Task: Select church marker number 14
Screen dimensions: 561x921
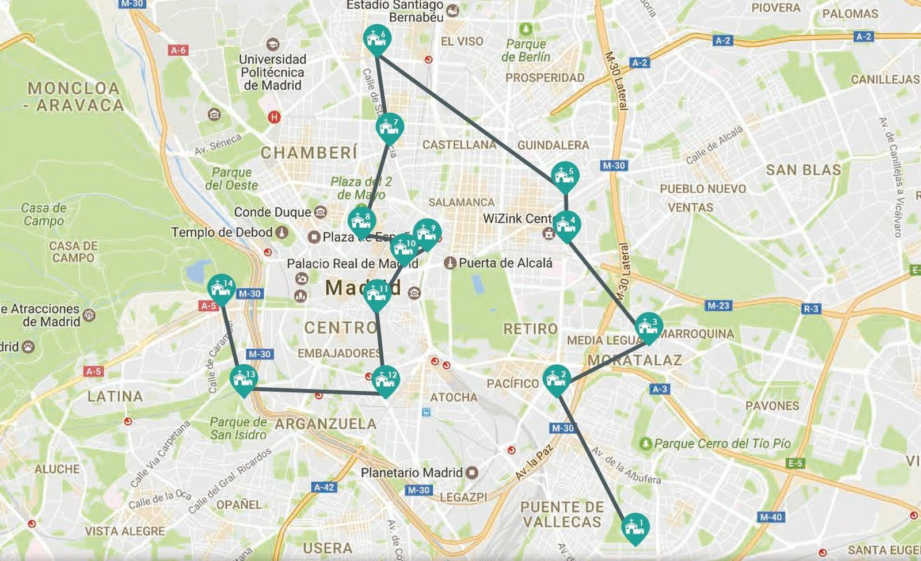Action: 221,288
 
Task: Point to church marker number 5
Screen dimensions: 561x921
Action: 565,176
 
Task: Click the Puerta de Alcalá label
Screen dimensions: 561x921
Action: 505,263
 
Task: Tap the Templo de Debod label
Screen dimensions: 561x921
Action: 222,232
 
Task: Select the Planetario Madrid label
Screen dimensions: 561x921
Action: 412,472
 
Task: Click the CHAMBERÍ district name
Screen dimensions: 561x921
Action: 309,152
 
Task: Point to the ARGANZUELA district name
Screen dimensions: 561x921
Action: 325,424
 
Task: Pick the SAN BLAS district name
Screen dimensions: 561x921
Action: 803,170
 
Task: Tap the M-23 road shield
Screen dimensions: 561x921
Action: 718,306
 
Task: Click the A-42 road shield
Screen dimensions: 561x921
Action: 324,487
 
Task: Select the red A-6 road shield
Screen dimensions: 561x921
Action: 178,51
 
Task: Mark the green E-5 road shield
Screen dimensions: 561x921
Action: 795,463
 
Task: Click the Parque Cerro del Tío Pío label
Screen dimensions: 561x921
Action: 722,444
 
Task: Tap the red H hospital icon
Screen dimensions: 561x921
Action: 274,117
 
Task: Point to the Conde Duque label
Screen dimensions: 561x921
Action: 272,212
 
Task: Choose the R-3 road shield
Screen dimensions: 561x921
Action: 810,309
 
